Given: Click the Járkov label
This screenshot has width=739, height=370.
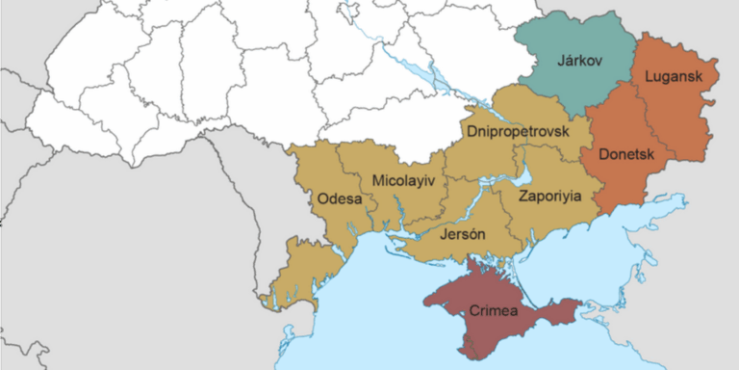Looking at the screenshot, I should (x=580, y=61).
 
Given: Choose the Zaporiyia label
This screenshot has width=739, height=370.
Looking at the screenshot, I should (x=549, y=196).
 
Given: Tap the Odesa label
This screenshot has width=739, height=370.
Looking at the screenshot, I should (x=339, y=199).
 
